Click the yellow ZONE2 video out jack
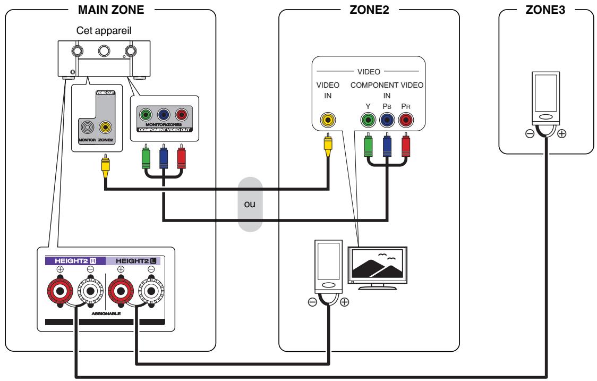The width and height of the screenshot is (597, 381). pos(107,127)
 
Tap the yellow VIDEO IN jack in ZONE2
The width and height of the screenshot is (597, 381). pos(328,121)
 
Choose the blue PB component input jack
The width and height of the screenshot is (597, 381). pos(387,121)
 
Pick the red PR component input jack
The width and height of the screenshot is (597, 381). pos(406,121)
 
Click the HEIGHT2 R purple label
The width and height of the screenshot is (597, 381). pos(75,260)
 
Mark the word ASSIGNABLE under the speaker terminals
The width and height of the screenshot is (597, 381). pos(106,314)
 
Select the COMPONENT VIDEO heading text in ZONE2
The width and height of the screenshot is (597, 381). pos(386,85)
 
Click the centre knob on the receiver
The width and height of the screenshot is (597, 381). pos(104,50)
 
